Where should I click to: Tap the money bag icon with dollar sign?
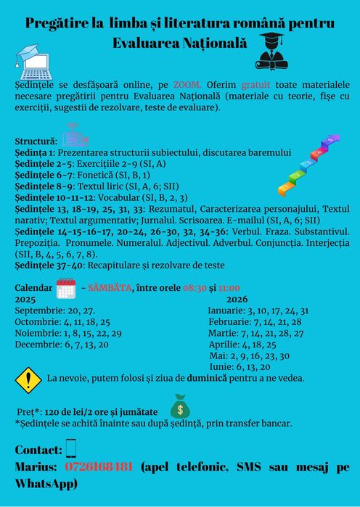coord(180,406)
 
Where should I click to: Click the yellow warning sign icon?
coord(28,379)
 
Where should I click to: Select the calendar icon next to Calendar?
coord(66,288)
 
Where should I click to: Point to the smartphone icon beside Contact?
coord(70,448)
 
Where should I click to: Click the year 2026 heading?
coord(237,299)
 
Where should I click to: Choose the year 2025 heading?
coord(25,299)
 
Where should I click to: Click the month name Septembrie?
coord(40,310)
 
